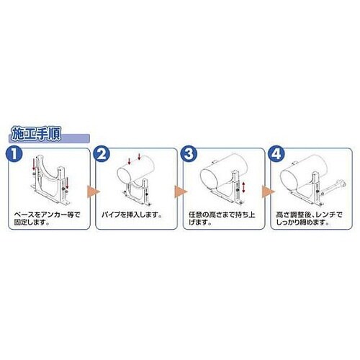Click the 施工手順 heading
pos(36,135)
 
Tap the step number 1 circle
pos(14,154)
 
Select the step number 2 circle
pos(102,154)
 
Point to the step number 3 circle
pos(189,154)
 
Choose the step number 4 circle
pos(276,154)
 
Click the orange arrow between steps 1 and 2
pos(93,192)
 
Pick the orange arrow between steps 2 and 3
pos(181,192)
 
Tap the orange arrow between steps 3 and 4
pos(268,192)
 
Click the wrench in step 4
pos(333,187)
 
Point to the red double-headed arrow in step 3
pos(243,187)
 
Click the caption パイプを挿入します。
pos(131,215)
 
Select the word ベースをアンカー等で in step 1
pos(47,215)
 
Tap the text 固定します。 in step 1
pos(32,222)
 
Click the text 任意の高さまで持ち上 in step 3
pos(222,215)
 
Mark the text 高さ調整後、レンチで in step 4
pos(309,215)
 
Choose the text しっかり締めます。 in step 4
pos(302,222)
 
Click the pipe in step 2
pos(136,169)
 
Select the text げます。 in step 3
pos(200,222)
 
